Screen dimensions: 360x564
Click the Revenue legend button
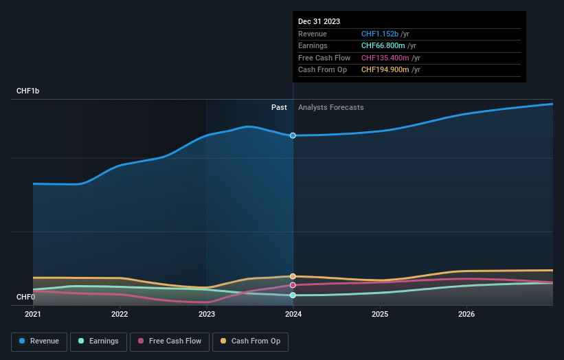(x=40, y=341)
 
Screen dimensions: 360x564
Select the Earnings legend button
(x=98, y=341)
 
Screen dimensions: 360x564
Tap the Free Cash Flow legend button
(x=169, y=341)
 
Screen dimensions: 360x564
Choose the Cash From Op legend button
(x=250, y=341)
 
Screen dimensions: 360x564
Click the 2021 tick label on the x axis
(x=33, y=315)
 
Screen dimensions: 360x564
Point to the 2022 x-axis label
(x=120, y=315)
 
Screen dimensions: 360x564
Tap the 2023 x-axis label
(x=206, y=315)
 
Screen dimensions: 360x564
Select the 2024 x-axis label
(x=293, y=315)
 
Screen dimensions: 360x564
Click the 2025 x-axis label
(x=380, y=315)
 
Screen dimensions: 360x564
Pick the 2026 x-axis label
(x=466, y=315)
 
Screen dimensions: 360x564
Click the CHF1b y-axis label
(x=28, y=91)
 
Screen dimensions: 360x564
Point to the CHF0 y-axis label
(x=25, y=297)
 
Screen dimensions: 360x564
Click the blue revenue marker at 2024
(x=293, y=135)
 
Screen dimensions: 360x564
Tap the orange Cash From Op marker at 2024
(x=293, y=276)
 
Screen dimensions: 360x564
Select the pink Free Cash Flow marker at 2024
(x=293, y=284)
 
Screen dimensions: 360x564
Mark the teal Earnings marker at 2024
(x=293, y=295)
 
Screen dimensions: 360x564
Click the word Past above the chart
(x=279, y=107)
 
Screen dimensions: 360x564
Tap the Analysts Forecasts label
(x=330, y=107)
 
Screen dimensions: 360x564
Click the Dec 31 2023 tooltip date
(x=319, y=22)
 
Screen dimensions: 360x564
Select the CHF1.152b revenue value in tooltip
(x=385, y=34)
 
